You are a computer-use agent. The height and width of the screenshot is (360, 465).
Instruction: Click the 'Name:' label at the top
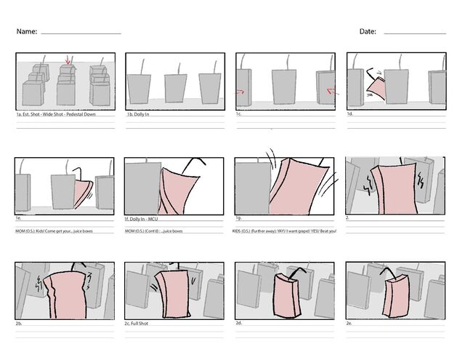27,32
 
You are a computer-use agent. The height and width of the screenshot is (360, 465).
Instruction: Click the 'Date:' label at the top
368,32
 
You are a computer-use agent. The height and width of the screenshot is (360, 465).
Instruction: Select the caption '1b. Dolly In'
138,115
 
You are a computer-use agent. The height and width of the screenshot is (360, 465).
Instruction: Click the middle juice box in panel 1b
174,88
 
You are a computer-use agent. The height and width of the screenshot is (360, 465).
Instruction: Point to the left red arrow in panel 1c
240,92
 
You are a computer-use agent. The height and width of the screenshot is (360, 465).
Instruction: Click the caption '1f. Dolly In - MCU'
144,219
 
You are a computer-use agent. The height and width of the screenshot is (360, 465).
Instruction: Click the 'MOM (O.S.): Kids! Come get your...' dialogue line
54,231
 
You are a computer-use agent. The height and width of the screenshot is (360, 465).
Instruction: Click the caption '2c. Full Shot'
137,323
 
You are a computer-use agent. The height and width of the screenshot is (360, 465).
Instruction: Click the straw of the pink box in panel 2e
388,273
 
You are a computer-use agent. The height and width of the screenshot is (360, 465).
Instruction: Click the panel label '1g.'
238,218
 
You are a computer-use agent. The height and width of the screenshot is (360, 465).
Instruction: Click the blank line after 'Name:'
81,33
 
